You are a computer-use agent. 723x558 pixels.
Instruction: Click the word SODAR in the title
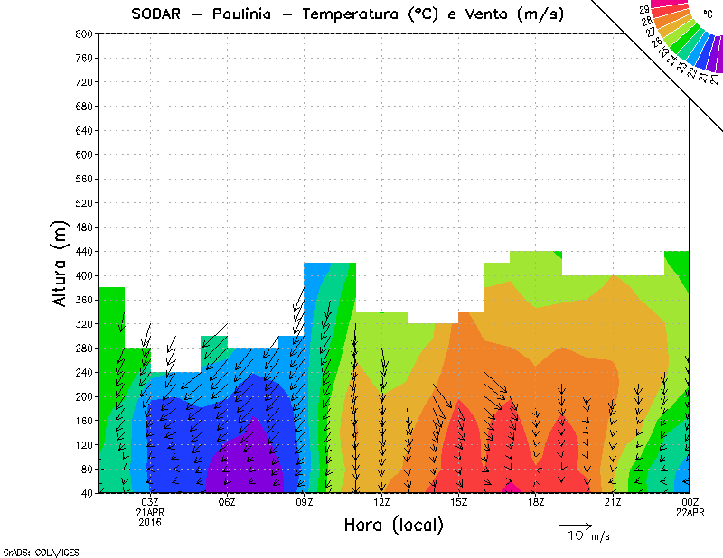pyautogui.click(x=157, y=14)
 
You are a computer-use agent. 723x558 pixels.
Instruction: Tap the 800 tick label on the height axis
pyautogui.click(x=84, y=33)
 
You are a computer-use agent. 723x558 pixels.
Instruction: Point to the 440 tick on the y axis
pyautogui.click(x=84, y=251)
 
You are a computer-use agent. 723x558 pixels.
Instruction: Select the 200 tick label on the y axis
pyautogui.click(x=84, y=396)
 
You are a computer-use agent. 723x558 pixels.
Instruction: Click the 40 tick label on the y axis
pyautogui.click(x=87, y=493)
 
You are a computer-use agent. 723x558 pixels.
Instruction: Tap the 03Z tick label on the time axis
pyautogui.click(x=150, y=502)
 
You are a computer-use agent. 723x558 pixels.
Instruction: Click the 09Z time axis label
pyautogui.click(x=305, y=502)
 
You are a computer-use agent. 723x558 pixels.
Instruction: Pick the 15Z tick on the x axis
pyautogui.click(x=459, y=502)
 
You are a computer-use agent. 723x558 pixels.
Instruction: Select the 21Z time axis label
pyautogui.click(x=614, y=502)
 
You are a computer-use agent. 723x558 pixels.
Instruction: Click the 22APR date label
pyautogui.click(x=690, y=512)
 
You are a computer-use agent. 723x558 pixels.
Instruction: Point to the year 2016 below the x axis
pyautogui.click(x=150, y=522)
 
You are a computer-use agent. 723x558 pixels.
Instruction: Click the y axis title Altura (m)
pyautogui.click(x=61, y=262)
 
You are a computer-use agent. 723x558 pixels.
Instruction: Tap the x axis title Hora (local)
pyautogui.click(x=393, y=525)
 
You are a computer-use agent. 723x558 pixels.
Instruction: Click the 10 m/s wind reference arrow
pyautogui.click(x=575, y=525)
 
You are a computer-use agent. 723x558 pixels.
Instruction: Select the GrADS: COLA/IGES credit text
pyautogui.click(x=33, y=550)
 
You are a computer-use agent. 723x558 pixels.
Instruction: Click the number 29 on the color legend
pyautogui.click(x=644, y=9)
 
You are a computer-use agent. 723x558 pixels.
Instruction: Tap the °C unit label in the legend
pyautogui.click(x=707, y=14)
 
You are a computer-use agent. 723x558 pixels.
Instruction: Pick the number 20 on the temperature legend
pyautogui.click(x=715, y=79)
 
